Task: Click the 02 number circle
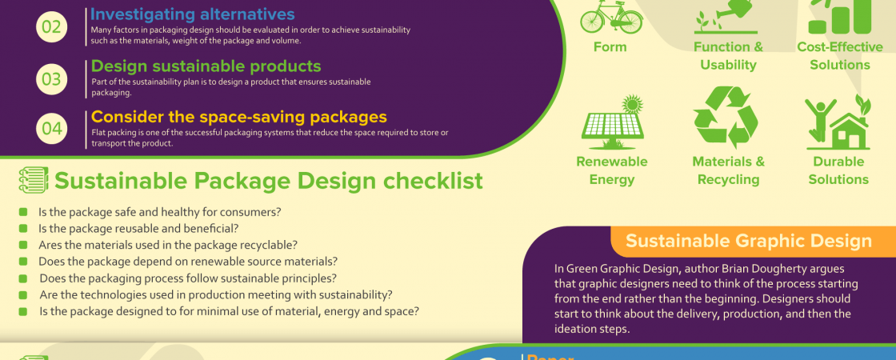click(51, 26)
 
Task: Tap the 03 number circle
click(51, 78)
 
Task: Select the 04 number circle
click(51, 127)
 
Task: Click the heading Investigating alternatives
click(193, 14)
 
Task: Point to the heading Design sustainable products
click(206, 66)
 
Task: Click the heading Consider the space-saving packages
click(239, 117)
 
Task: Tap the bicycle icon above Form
click(611, 16)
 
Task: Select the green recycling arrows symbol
click(726, 118)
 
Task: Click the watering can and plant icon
click(726, 17)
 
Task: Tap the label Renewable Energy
click(611, 170)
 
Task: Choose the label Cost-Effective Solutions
click(840, 56)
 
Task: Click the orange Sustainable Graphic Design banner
click(753, 241)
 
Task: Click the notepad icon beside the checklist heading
click(32, 181)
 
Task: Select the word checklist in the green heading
click(433, 181)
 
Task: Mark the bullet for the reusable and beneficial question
click(23, 229)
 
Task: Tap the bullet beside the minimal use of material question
click(23, 312)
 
